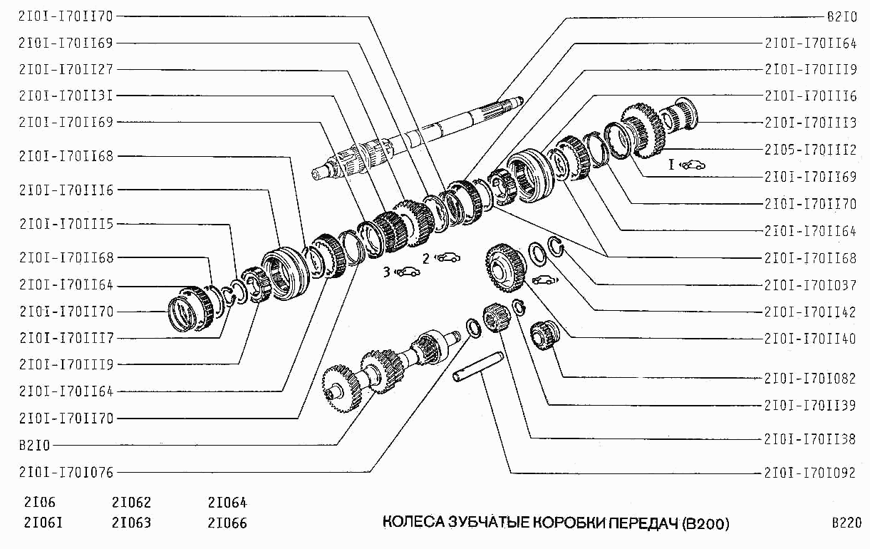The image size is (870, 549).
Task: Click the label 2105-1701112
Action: pos(810,149)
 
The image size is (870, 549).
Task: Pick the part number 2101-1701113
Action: pos(810,123)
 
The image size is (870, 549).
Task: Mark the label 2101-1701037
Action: pos(810,284)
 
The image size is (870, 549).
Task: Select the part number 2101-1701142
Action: pos(810,312)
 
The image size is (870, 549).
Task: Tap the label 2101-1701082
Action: pos(810,378)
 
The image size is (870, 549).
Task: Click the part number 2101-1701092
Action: pos(810,472)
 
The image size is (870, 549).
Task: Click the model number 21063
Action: pos(132,523)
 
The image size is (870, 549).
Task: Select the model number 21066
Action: pos(227,523)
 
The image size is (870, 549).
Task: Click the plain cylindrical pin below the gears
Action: pos(482,374)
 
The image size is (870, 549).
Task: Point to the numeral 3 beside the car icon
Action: pos(386,271)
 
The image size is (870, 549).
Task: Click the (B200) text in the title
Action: pos(705,524)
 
